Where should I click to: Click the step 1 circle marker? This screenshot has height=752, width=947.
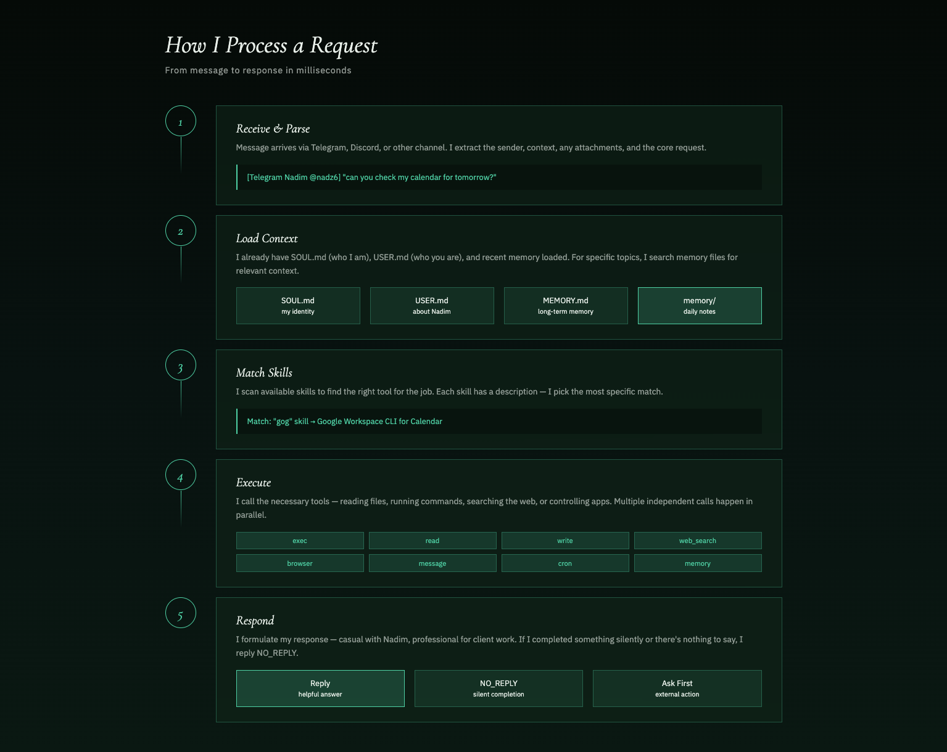[x=181, y=121]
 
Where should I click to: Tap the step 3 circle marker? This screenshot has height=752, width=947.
[x=181, y=366]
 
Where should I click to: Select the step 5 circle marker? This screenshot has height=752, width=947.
[x=181, y=613]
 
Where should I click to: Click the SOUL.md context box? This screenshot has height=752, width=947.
[x=298, y=306]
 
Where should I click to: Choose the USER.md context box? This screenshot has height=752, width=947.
[x=432, y=306]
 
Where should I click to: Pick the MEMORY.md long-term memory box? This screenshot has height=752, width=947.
[x=566, y=306]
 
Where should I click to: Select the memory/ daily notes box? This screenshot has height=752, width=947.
[x=700, y=306]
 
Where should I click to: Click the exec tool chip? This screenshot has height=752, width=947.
[x=300, y=541]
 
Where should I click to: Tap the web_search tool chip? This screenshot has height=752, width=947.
[x=698, y=541]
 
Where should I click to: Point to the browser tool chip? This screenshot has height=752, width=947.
[x=300, y=563]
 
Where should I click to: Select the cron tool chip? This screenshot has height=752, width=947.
[x=565, y=563]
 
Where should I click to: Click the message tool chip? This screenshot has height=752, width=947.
[x=432, y=563]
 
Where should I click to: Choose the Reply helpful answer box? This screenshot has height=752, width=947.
[x=320, y=689]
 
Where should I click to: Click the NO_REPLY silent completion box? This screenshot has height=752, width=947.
[x=498, y=689]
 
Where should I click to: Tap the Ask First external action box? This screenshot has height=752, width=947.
[x=677, y=689]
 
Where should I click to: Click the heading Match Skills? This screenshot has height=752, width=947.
[x=264, y=373]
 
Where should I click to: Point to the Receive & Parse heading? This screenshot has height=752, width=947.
[x=273, y=129]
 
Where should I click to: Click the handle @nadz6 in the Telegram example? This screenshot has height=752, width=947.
[x=325, y=178]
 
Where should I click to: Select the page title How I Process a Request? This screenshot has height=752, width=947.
[x=271, y=46]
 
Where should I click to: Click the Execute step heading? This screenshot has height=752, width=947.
[x=254, y=483]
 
